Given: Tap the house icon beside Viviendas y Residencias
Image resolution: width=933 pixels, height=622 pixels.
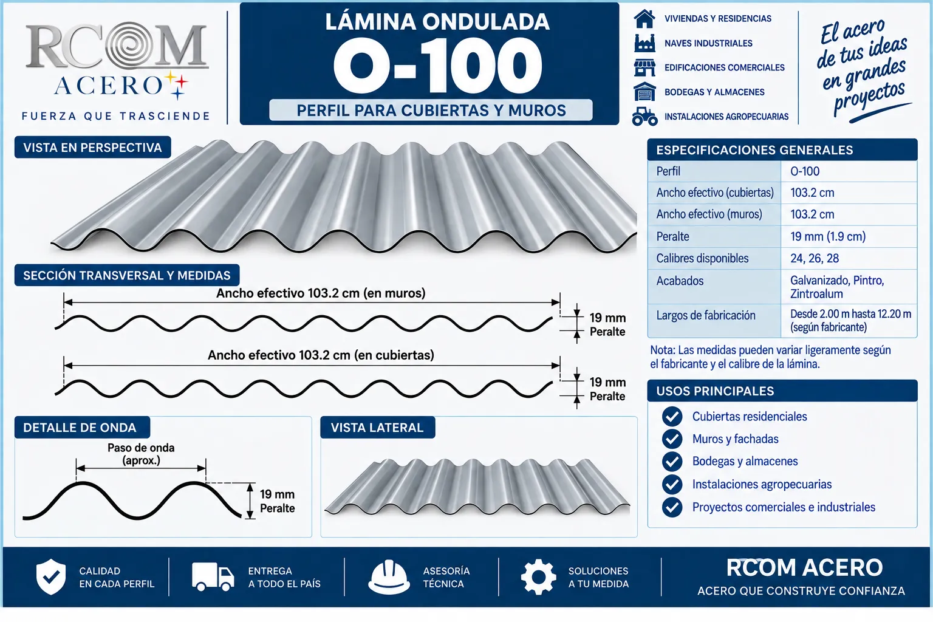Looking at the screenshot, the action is coord(644,18).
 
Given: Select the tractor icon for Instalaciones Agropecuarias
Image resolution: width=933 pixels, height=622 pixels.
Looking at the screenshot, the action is coord(644,116).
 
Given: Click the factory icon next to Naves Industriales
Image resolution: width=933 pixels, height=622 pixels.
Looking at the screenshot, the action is coord(644,43).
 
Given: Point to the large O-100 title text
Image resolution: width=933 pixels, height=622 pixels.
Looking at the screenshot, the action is coord(437,66).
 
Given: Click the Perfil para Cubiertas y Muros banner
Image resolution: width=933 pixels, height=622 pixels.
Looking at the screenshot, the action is coord(431,110).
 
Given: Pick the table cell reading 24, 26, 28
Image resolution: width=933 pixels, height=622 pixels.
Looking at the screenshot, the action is coord(849,258).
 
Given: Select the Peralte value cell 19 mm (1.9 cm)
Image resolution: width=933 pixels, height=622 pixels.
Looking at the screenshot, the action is coord(849,236).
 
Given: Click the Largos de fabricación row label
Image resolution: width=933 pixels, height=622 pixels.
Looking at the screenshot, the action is coord(706,315).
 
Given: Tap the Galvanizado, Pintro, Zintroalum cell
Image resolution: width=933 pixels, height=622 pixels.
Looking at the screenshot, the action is coord(849,287).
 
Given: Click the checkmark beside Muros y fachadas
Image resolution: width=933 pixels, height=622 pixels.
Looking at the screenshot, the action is coord(672,439).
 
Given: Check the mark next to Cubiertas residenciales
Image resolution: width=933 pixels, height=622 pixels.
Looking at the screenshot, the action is coord(672,416).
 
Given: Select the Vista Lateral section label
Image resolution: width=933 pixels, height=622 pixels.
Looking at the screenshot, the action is coord(377,428).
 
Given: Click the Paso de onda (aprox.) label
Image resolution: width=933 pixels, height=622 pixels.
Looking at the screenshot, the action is coord(141,454).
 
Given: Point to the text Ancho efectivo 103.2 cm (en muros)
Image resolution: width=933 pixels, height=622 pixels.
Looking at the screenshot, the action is coord(321,293).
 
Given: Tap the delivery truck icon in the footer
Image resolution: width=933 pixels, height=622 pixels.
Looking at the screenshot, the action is coord(213,576).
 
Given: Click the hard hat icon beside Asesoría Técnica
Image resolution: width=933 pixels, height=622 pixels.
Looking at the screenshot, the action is coord(389,576).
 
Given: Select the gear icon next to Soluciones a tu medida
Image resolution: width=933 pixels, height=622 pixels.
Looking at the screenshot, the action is coord(539,577).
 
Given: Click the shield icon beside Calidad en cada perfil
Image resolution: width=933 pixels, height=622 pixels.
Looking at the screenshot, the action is coord(51,576).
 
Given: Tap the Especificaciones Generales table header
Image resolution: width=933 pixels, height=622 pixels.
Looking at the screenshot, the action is coord(782,150).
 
